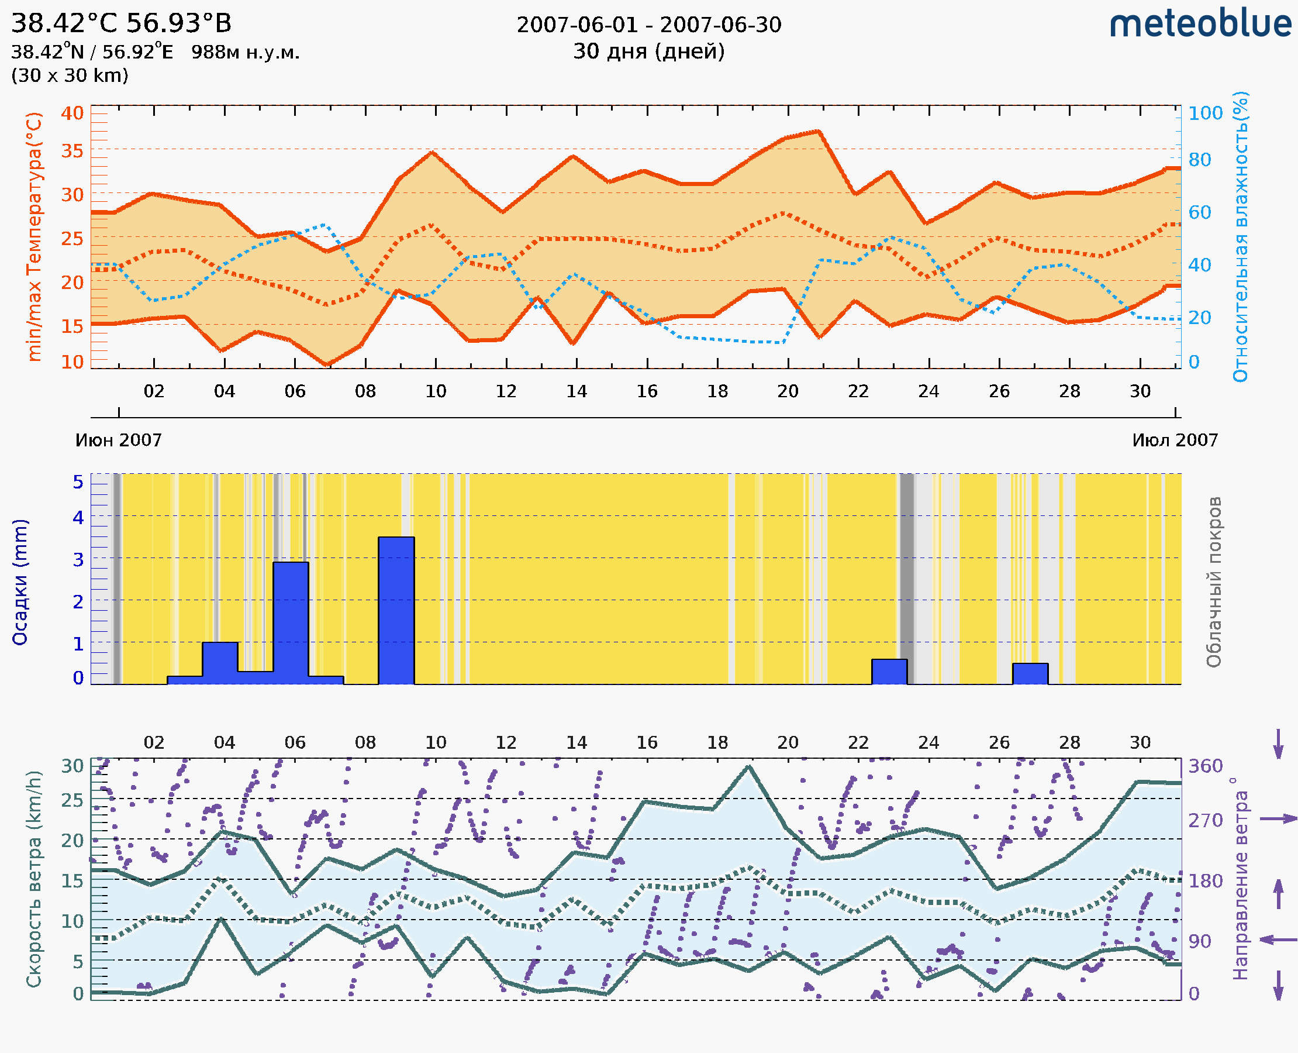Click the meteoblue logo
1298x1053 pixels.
pyautogui.click(x=1200, y=24)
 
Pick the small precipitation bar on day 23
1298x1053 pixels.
pyautogui.click(x=889, y=672)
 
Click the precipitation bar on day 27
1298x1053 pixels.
pyautogui.click(x=1030, y=673)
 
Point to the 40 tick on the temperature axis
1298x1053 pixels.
pyautogui.click(x=72, y=113)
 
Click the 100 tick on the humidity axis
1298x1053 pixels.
pyautogui.click(x=1205, y=113)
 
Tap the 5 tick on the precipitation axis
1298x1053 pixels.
pyautogui.click(x=78, y=482)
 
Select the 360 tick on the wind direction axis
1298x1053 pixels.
pyautogui.click(x=1205, y=766)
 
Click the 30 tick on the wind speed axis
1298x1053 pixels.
pyautogui.click(x=73, y=766)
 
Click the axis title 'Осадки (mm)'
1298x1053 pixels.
pyautogui.click(x=20, y=582)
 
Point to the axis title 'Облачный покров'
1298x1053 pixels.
pyautogui.click(x=1213, y=582)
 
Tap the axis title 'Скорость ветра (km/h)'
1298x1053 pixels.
pyautogui.click(x=34, y=879)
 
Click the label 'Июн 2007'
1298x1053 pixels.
pyautogui.click(x=118, y=441)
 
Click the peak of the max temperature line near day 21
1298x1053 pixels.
pyautogui.click(x=819, y=131)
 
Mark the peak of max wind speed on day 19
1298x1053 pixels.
pyautogui.click(x=750, y=767)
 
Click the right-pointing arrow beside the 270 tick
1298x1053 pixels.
pyautogui.click(x=1278, y=819)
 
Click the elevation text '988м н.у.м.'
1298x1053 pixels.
pyautogui.click(x=245, y=53)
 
